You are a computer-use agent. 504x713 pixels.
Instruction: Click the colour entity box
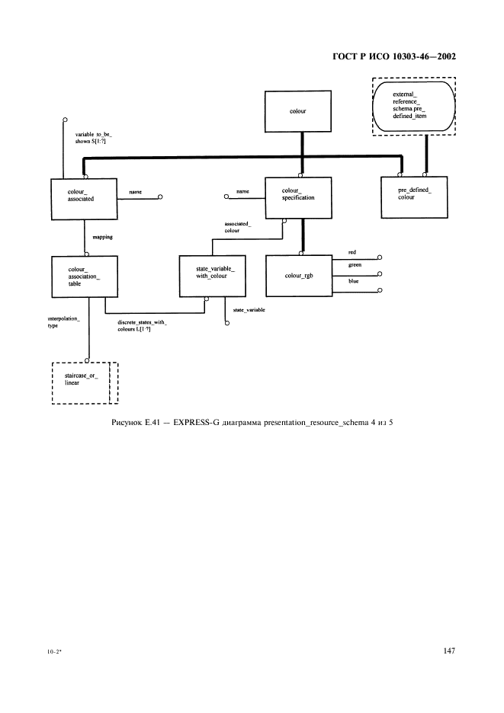point(298,112)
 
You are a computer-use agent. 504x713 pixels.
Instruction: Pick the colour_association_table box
point(82,276)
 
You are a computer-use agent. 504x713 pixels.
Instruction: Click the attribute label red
point(352,251)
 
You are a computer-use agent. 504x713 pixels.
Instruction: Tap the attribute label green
point(355,266)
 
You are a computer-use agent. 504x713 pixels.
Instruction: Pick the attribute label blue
point(353,281)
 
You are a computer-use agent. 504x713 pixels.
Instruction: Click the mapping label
point(102,237)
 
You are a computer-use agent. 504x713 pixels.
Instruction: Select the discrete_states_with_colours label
point(142,326)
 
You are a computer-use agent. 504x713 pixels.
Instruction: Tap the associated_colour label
point(238,227)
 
